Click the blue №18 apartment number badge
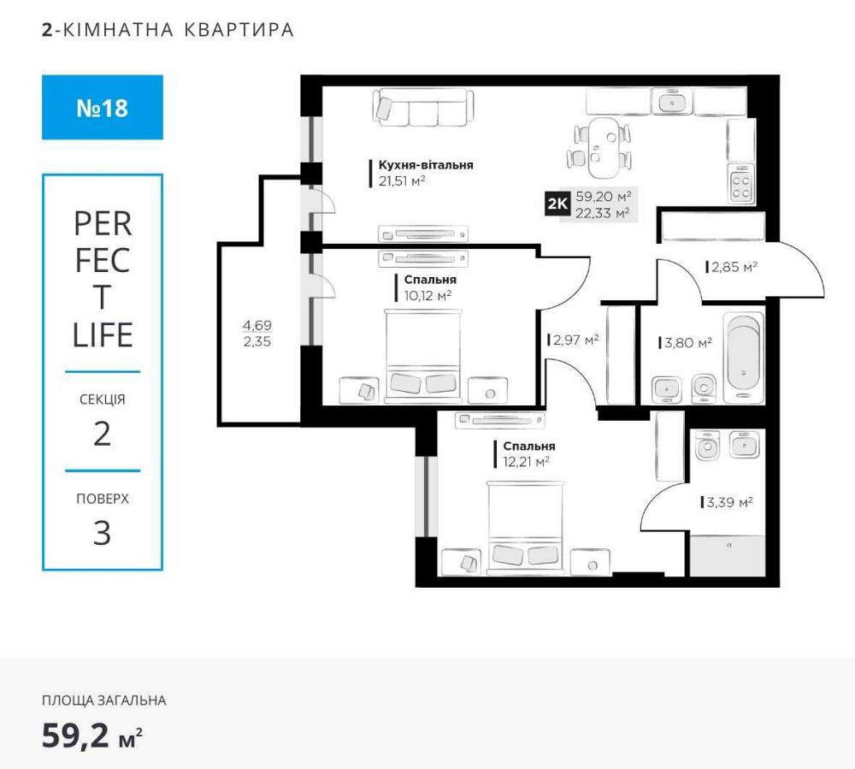(102, 108)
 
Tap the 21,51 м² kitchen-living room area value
(402, 180)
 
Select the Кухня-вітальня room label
(426, 165)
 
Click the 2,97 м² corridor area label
(575, 340)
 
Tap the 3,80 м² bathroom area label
(688, 343)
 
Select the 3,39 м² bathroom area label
(729, 502)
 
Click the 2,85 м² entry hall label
(734, 267)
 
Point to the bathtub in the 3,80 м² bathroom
(742, 359)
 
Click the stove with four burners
(740, 186)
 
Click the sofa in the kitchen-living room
(423, 108)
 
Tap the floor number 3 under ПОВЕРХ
(102, 534)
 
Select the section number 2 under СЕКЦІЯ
(102, 435)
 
